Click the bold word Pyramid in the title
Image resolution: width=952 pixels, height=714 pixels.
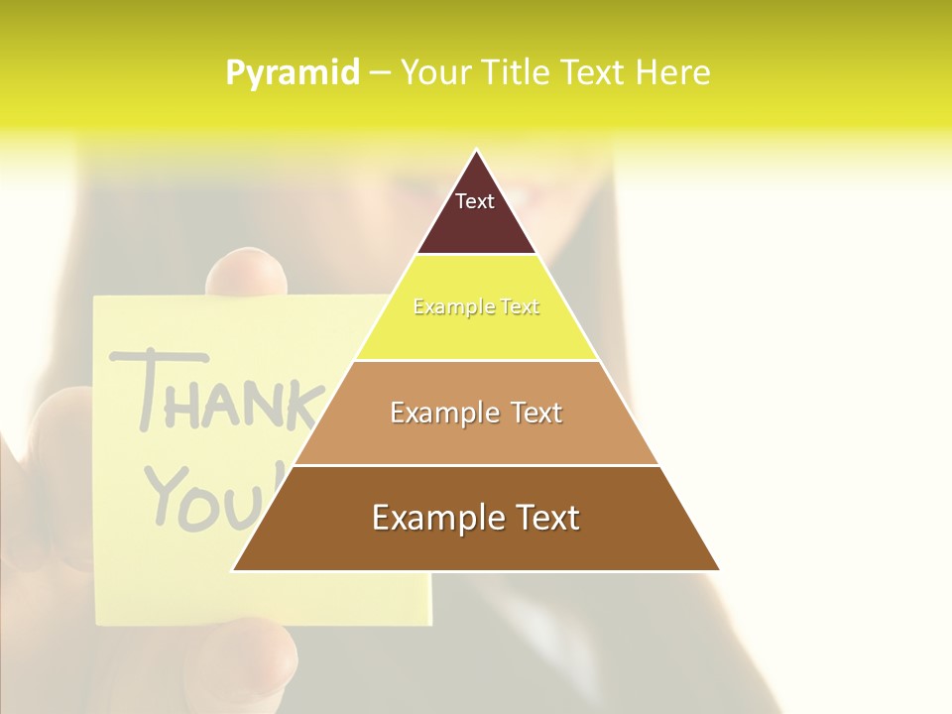pos(293,72)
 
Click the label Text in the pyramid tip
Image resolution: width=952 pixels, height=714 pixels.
pos(475,201)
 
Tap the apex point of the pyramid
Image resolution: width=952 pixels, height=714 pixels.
pos(476,151)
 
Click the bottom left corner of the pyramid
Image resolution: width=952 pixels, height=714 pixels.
pos(234,569)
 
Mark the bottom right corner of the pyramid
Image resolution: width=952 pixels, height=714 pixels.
pos(718,569)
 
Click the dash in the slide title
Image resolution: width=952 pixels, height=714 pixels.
pos(380,72)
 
